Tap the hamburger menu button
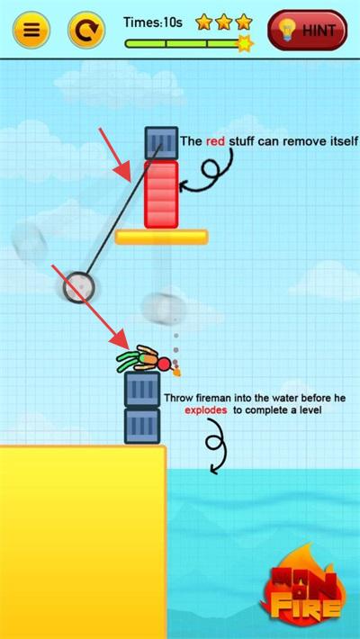pos(31,30)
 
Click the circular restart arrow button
pos(86,30)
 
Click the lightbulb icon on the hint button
pos(288,31)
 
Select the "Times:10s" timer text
pos(152,22)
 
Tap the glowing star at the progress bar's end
pos(245,43)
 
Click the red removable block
pos(161,194)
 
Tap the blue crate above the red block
pos(161,142)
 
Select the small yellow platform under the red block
pos(161,238)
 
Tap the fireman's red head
pos(165,363)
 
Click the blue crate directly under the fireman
pos(142,389)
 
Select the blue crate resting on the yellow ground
pos(142,426)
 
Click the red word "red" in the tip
pos(215,141)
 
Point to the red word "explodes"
pos(205,410)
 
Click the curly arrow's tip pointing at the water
pos(212,471)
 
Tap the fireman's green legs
pos(129,361)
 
